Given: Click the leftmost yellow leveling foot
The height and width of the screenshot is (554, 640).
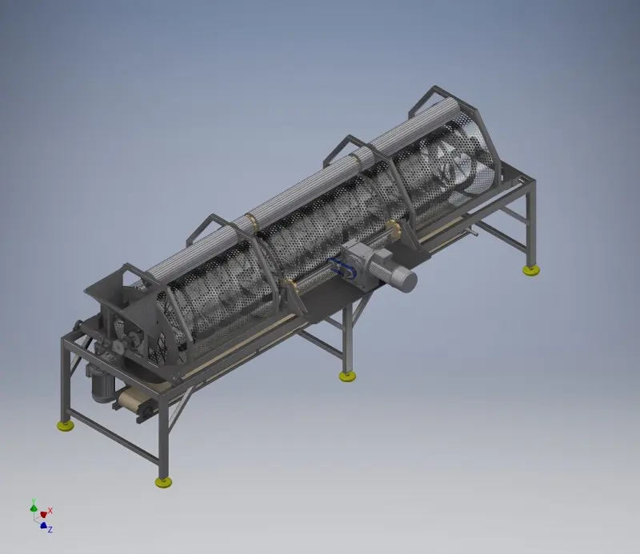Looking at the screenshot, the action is coord(66,425).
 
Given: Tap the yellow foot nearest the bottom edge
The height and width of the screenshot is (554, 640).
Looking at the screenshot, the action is coord(163,483).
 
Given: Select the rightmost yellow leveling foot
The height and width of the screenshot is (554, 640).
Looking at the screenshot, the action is coord(531,270).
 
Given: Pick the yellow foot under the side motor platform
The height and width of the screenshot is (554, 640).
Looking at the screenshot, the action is coord(347,377).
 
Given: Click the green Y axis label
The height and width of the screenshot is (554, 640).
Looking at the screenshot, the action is coord(34,500).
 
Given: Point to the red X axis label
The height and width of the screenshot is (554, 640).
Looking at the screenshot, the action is coord(50,511).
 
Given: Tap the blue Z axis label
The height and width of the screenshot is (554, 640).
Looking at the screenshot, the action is coord(50,529).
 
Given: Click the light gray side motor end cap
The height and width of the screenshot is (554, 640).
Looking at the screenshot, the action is coord(406,281).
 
